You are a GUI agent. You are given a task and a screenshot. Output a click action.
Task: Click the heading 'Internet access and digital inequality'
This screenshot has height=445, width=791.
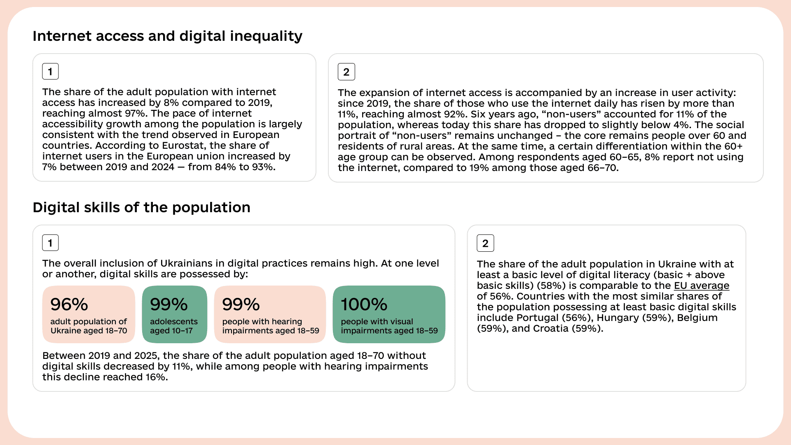click(x=167, y=36)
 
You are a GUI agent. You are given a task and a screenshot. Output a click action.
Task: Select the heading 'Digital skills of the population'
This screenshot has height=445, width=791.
click(x=141, y=207)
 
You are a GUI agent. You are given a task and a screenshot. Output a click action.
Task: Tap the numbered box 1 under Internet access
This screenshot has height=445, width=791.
click(x=50, y=71)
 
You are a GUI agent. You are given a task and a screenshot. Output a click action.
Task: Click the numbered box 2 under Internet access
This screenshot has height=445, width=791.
click(x=346, y=72)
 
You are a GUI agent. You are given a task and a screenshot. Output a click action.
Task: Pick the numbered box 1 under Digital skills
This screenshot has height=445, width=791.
click(x=50, y=243)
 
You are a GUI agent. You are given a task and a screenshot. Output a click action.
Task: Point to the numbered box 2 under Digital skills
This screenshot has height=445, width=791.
click(x=485, y=243)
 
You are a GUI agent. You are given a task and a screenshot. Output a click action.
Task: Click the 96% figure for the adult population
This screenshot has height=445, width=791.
click(x=69, y=304)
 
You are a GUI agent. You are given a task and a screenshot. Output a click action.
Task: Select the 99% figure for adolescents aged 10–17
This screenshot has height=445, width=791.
click(x=169, y=304)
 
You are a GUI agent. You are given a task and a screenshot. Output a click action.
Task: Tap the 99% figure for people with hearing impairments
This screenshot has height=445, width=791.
click(x=241, y=304)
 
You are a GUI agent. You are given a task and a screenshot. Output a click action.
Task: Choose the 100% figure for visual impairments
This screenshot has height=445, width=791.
click(x=364, y=304)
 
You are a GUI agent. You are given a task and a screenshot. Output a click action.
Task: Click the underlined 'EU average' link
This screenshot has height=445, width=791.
click(x=702, y=286)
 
